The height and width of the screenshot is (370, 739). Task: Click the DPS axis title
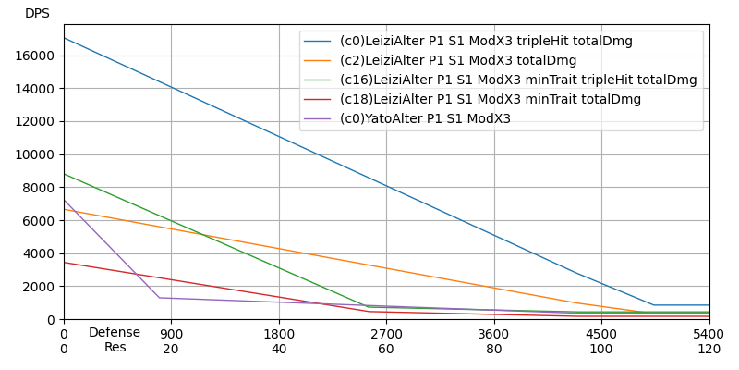37,14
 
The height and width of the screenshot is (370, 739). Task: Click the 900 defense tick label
171,334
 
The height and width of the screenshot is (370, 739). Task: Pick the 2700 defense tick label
386,334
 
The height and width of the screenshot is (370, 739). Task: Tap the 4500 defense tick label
601,334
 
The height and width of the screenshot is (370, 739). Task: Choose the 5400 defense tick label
709,334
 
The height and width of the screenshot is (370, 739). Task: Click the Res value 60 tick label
386,349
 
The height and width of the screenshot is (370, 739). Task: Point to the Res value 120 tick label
709,349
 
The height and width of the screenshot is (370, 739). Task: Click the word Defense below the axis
115,333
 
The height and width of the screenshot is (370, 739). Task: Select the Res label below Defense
115,348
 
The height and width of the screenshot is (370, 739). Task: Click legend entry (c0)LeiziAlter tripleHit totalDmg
486,42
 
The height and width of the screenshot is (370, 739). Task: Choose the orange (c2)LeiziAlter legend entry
458,61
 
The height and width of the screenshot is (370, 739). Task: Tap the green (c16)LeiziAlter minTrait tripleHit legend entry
518,80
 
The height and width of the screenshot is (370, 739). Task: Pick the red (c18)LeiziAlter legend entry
491,100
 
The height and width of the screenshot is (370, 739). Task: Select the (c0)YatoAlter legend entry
425,119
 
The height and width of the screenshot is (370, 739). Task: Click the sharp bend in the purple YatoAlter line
160,298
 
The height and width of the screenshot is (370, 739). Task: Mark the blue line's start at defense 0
64,38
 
